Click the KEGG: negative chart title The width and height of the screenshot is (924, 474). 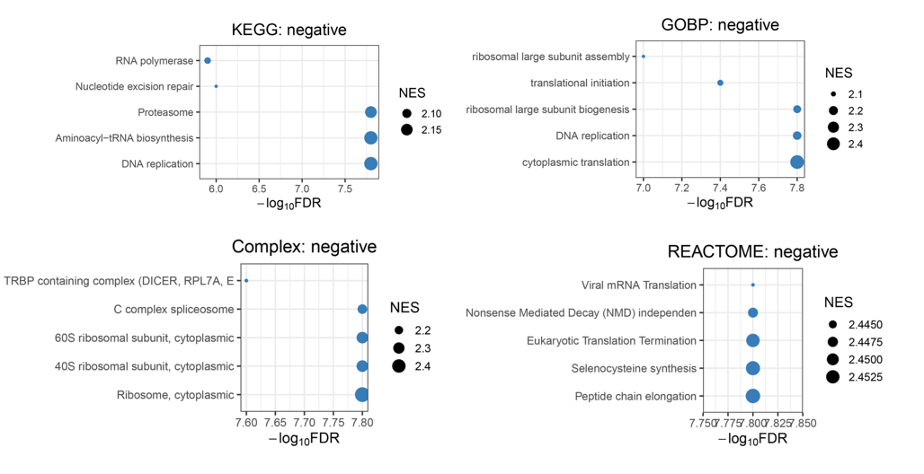(x=289, y=31)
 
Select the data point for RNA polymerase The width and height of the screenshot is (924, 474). (x=208, y=61)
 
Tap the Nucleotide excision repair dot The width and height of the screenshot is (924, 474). (x=216, y=86)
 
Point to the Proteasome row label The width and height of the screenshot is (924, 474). (x=165, y=112)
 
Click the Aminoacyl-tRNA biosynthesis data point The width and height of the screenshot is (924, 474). (x=370, y=137)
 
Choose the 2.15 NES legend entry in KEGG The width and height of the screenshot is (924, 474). (x=407, y=130)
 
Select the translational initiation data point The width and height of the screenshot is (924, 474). (x=720, y=83)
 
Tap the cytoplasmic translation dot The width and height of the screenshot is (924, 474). (x=796, y=162)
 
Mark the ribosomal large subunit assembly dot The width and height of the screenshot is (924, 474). (x=644, y=57)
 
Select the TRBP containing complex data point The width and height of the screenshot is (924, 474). (x=246, y=281)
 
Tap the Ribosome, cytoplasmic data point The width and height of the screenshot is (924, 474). (x=361, y=394)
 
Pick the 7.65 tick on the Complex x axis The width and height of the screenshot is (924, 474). (x=275, y=421)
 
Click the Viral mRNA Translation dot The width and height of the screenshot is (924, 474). (x=752, y=285)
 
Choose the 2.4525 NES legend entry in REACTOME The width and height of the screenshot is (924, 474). (x=833, y=377)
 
